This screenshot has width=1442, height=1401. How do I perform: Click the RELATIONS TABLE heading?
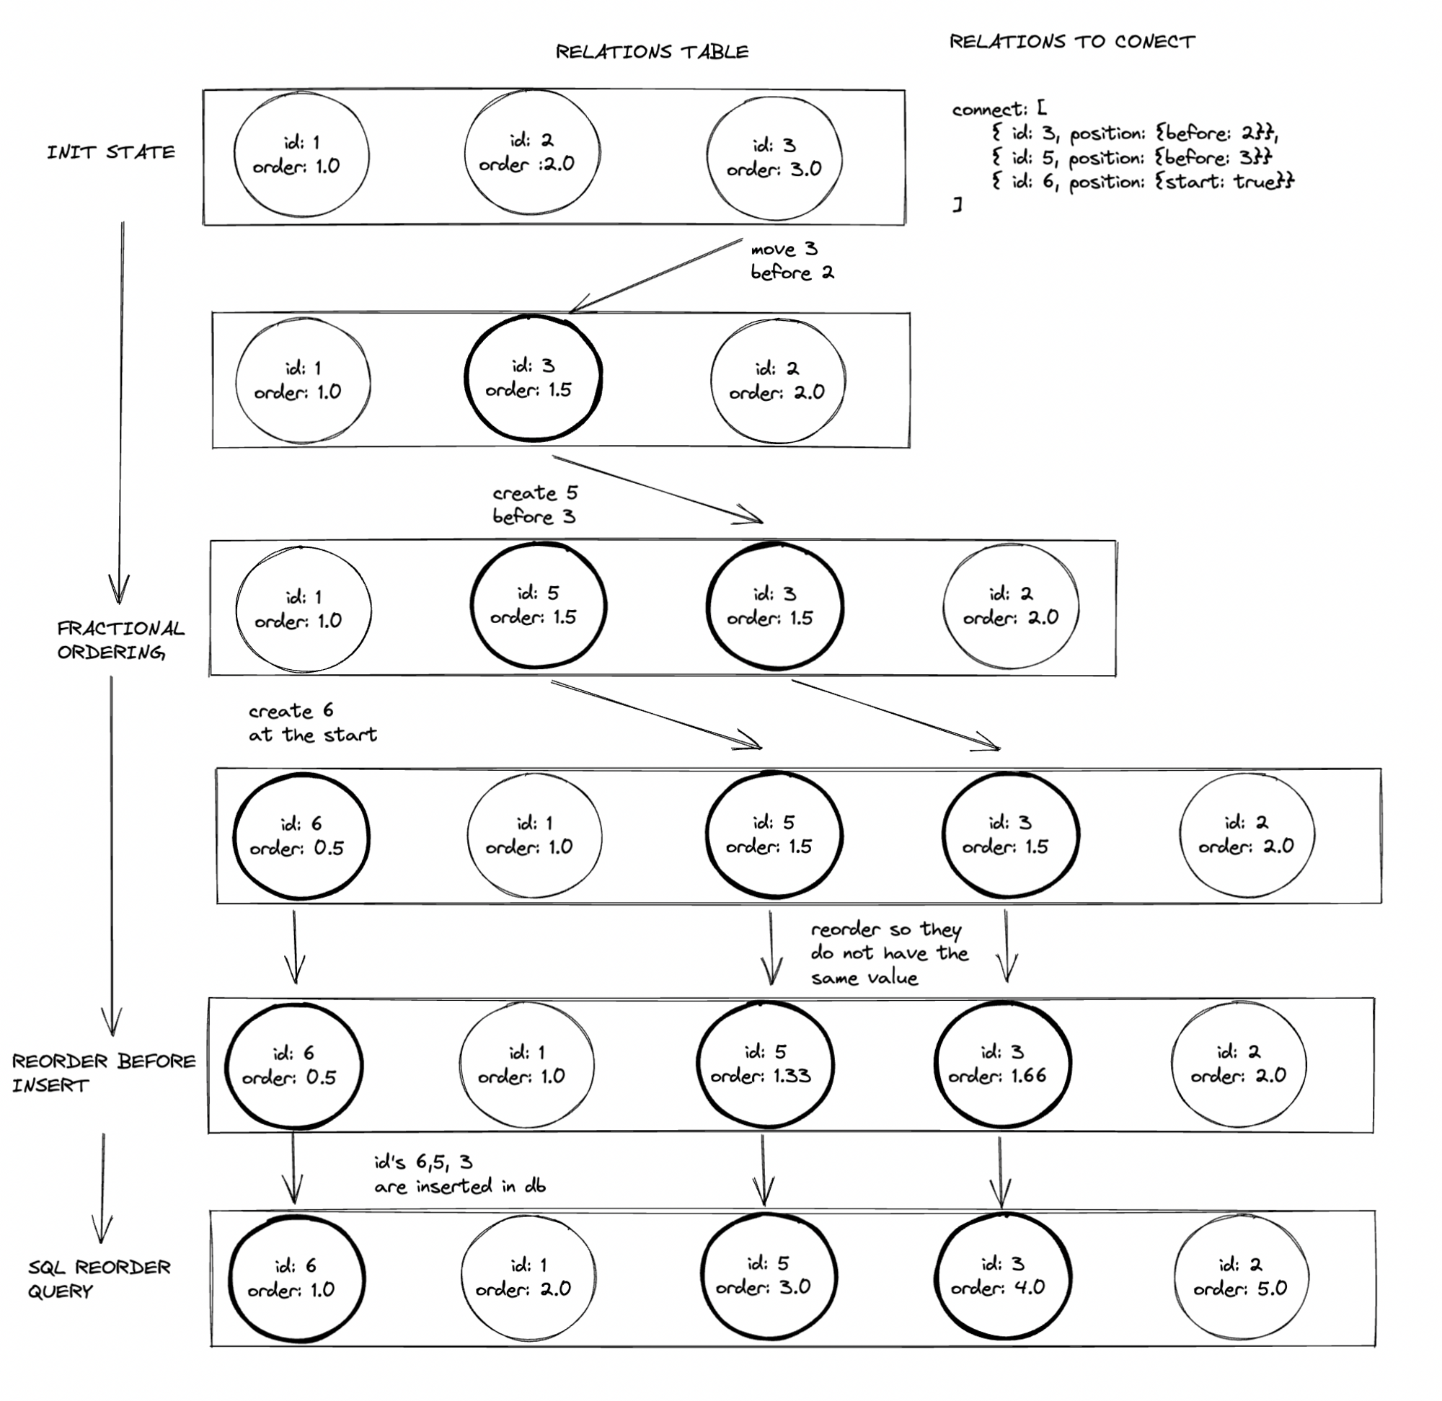point(652,51)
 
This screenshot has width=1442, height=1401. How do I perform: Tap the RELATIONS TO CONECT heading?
point(1072,41)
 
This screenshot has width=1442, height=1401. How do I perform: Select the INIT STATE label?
point(111,152)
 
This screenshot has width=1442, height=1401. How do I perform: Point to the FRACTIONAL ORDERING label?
point(121,640)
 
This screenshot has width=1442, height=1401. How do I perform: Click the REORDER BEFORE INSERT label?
point(104,1073)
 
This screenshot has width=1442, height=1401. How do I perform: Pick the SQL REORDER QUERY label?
point(99,1279)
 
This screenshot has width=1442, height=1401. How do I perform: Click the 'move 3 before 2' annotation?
point(792,261)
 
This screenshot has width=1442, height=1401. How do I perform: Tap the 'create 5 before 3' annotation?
point(535,505)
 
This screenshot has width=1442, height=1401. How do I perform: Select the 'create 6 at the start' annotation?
point(313,722)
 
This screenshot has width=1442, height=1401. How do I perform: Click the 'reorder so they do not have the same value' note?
point(890,954)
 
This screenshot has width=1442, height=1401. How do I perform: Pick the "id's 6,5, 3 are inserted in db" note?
point(460,1175)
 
